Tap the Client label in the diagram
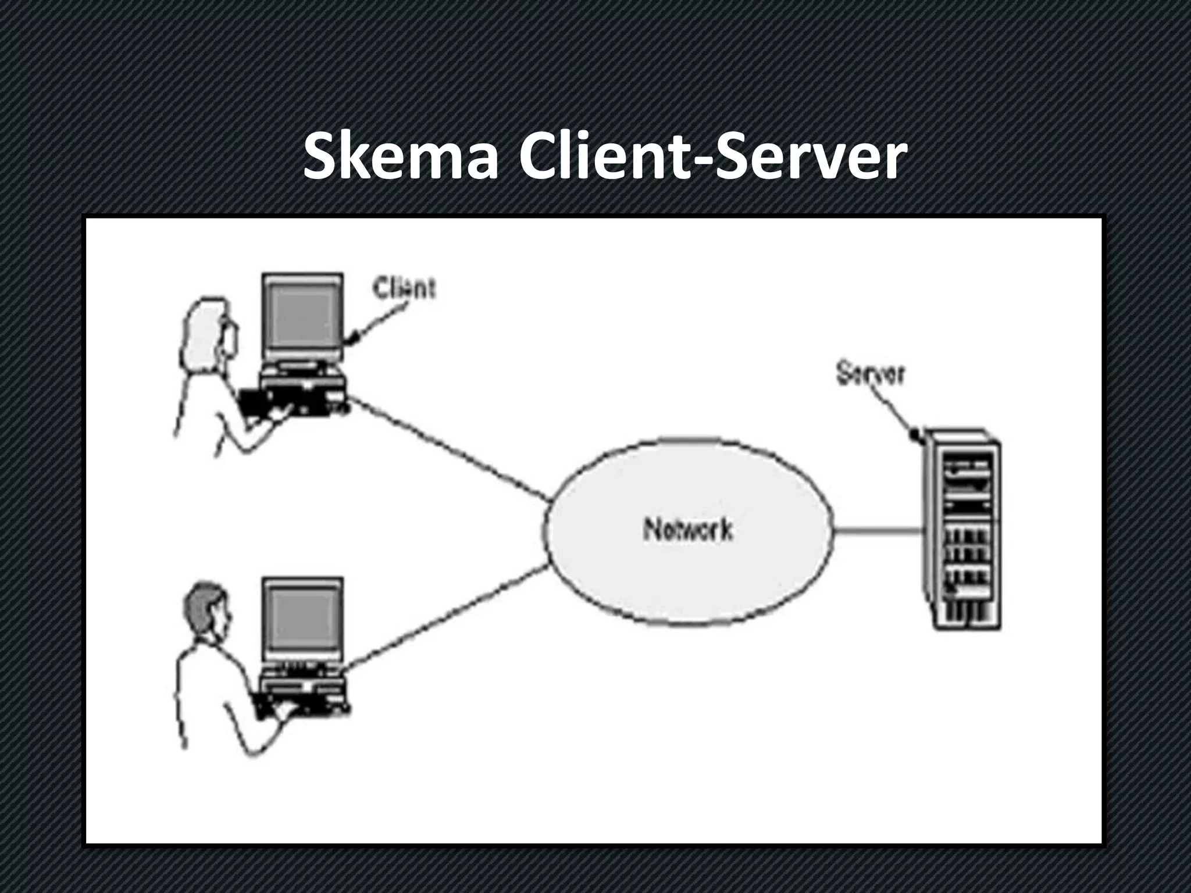(x=404, y=288)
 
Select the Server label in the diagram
(x=871, y=374)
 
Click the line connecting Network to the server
(x=878, y=530)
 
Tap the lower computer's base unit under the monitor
(x=302, y=680)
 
